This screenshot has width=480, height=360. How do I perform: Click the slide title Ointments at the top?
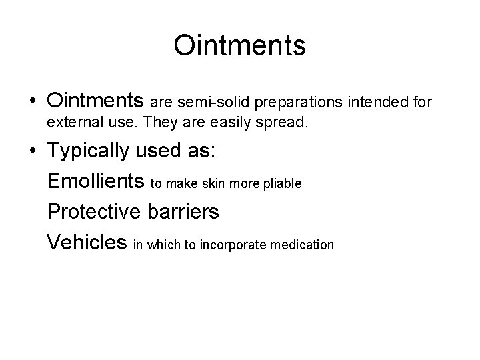point(239,46)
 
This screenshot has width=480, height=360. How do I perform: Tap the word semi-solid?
point(201,103)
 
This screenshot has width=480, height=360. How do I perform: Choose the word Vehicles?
point(87,243)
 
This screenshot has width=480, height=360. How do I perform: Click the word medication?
point(301,245)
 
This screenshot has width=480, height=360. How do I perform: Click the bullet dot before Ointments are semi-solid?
point(33,102)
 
